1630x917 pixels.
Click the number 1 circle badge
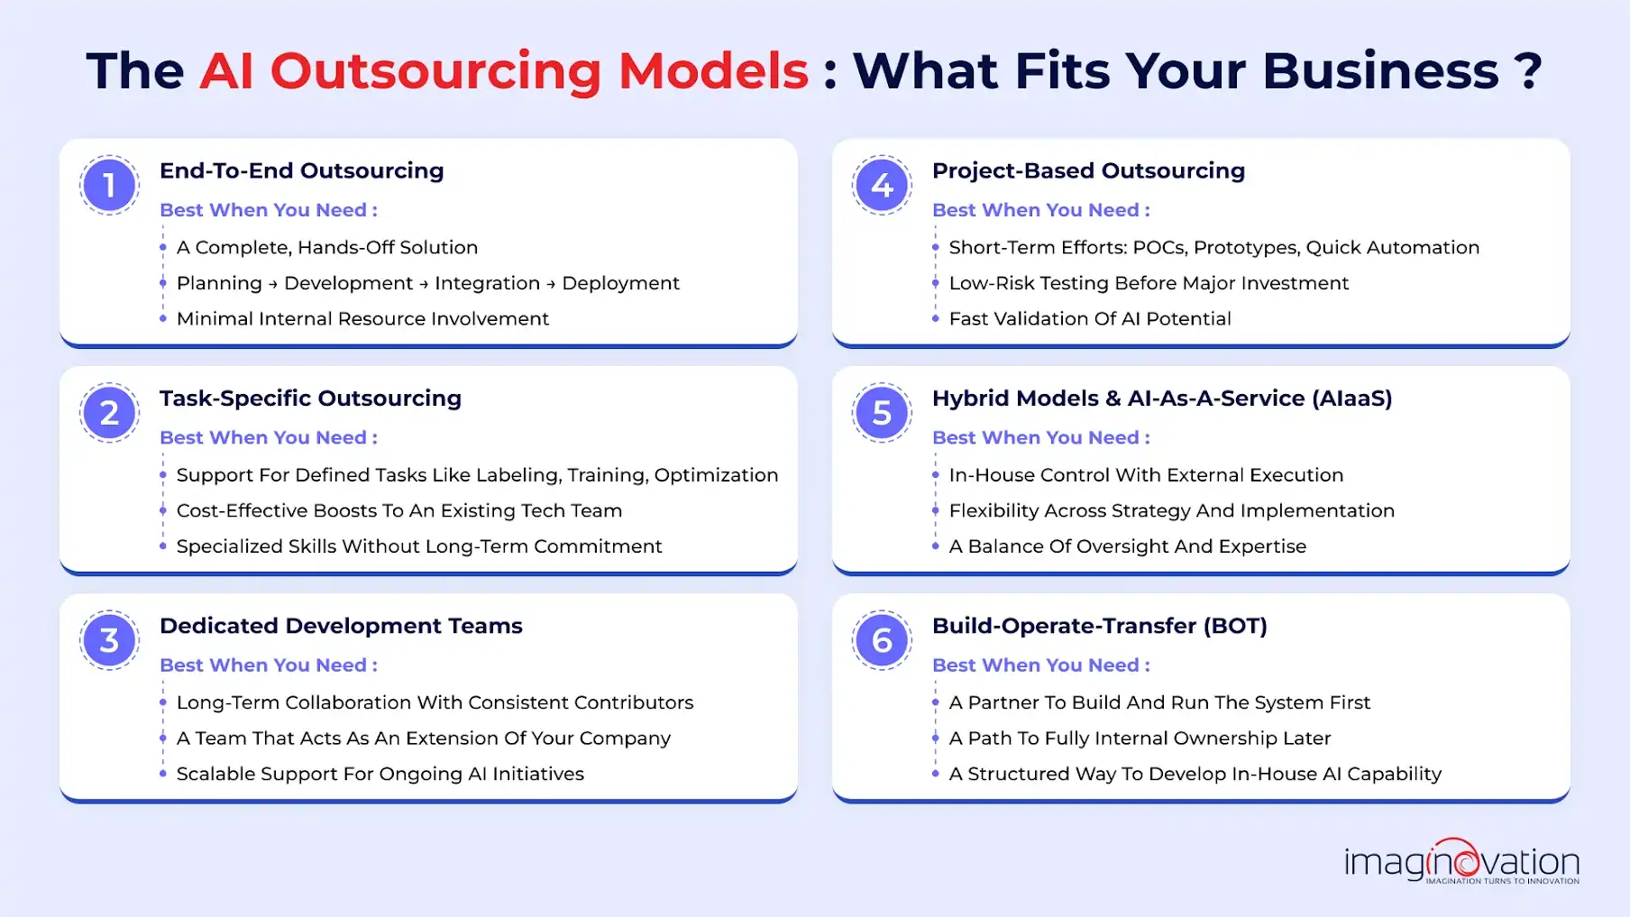coord(109,185)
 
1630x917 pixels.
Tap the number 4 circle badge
coord(882,185)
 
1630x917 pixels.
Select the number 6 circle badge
coord(882,640)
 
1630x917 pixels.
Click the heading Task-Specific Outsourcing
coord(310,399)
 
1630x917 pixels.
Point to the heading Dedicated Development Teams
coord(341,626)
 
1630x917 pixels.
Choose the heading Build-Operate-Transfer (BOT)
coord(1099,626)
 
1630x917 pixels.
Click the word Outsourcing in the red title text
coord(435,71)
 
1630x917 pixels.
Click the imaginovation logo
coord(1461,862)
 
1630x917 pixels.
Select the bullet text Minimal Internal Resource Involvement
coord(362,319)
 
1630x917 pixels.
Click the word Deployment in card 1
coord(620,283)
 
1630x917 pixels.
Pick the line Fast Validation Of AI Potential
coord(1089,319)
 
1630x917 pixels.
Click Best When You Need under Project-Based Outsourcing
coord(1040,210)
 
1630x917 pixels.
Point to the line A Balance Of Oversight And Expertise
coord(1127,546)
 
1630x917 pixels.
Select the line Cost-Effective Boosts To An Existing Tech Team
coord(398,510)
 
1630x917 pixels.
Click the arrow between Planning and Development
coord(272,284)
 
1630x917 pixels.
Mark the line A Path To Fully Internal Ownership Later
coord(1140,738)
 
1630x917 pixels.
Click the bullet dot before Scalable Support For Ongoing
coord(163,774)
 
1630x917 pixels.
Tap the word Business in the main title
coord(1380,71)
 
